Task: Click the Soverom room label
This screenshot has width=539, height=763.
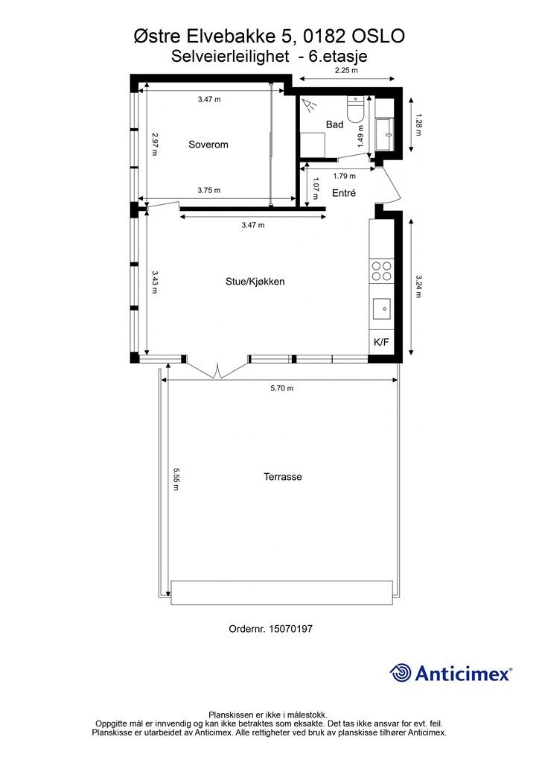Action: (x=208, y=145)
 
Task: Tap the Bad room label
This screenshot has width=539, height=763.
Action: (x=334, y=124)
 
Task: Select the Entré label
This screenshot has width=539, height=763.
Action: (x=344, y=193)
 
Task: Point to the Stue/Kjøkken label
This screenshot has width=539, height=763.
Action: (x=255, y=282)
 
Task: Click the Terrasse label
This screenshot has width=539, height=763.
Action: (x=282, y=477)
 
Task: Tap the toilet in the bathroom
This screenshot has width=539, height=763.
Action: (x=355, y=110)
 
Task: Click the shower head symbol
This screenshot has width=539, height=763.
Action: (x=308, y=104)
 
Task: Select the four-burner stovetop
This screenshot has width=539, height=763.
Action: (x=381, y=271)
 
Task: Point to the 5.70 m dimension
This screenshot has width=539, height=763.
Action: (x=282, y=388)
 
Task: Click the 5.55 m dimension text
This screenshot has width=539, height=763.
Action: (x=176, y=479)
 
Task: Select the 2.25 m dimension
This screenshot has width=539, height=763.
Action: (x=346, y=70)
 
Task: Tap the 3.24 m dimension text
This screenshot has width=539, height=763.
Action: (x=419, y=286)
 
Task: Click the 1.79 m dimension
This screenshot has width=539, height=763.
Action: (x=344, y=176)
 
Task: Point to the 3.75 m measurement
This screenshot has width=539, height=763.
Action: (x=209, y=190)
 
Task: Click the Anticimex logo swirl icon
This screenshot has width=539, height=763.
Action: (x=401, y=673)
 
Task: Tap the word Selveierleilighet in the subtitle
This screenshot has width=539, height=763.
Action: (x=230, y=57)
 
